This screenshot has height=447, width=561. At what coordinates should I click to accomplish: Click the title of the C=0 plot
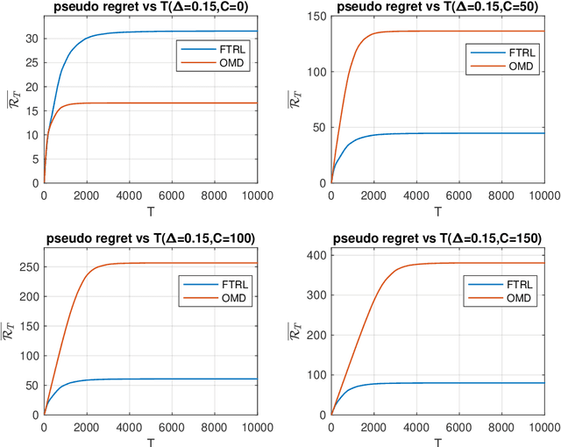tap(150, 8)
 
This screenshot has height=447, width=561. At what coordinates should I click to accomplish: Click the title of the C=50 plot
tap(437, 8)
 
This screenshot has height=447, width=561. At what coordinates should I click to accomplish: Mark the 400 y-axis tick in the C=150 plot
tap(316, 255)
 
